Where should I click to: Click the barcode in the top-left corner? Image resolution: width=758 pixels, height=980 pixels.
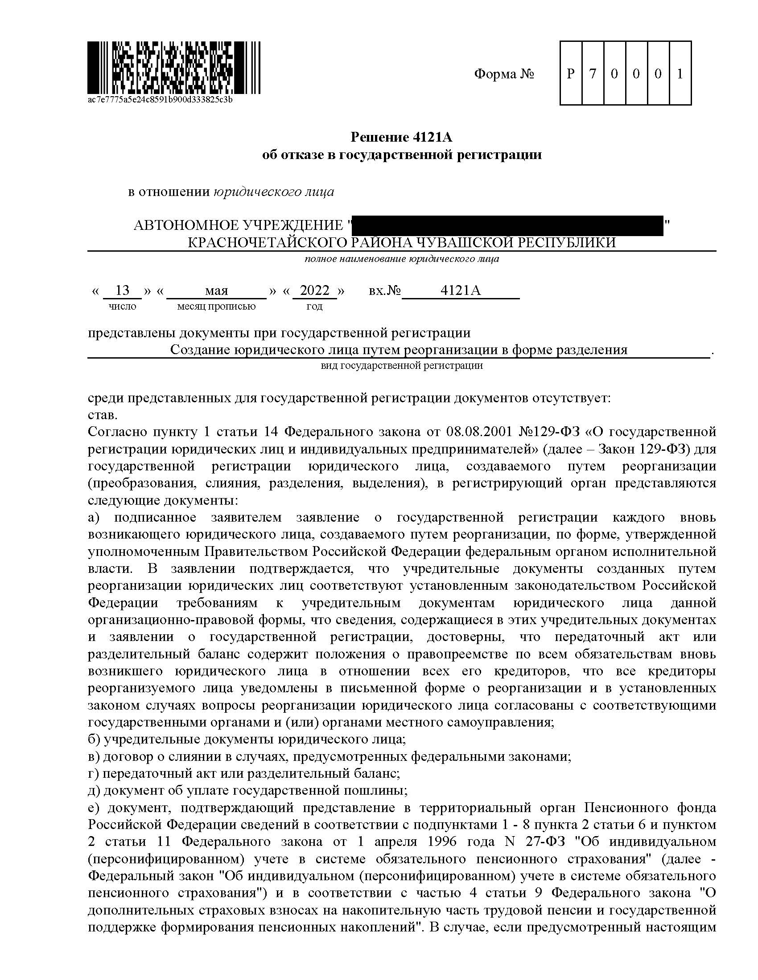pyautogui.click(x=173, y=67)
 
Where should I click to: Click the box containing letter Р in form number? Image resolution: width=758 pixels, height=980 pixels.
pyautogui.click(x=570, y=73)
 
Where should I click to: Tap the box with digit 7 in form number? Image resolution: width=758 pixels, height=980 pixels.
pyautogui.click(x=592, y=73)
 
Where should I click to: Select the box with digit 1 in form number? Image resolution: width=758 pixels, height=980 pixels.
pyautogui.click(x=680, y=73)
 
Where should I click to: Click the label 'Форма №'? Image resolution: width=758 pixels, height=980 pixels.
pyautogui.click(x=504, y=74)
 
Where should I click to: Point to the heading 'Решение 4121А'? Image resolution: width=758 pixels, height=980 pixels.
pyautogui.click(x=401, y=137)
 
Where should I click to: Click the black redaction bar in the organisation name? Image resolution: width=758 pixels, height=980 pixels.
pyautogui.click(x=507, y=225)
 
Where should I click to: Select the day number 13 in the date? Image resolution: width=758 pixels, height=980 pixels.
pyautogui.click(x=122, y=290)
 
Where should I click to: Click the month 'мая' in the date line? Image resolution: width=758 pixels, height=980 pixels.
pyautogui.click(x=216, y=291)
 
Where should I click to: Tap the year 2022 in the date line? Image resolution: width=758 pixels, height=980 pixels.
pyautogui.click(x=314, y=290)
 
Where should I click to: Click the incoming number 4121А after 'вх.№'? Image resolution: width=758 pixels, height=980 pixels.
pyautogui.click(x=460, y=290)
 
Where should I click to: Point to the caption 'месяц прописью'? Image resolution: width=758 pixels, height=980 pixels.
pyautogui.click(x=216, y=306)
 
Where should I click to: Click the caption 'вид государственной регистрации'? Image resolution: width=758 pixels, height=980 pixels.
pyautogui.click(x=401, y=366)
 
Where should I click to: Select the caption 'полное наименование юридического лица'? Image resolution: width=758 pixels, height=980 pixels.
pyautogui.click(x=401, y=259)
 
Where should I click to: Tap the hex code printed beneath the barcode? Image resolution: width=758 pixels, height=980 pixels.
pyautogui.click(x=160, y=99)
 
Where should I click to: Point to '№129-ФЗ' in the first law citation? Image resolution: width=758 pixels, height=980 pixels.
pyautogui.click(x=550, y=432)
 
